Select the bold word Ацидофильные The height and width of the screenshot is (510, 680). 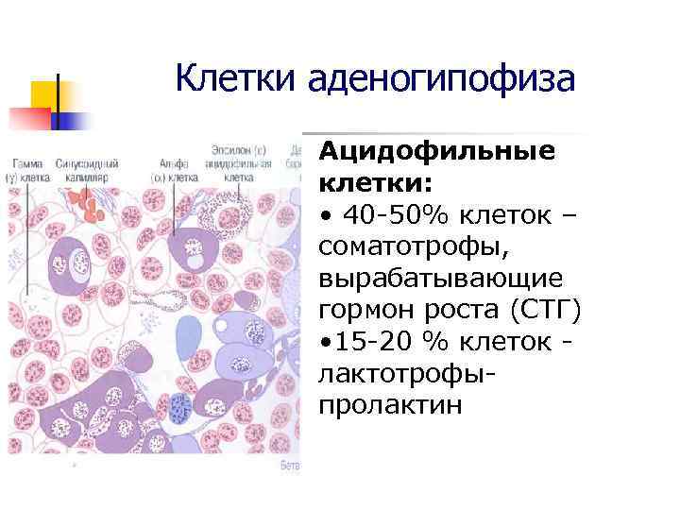click(436, 152)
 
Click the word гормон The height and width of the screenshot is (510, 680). click(367, 311)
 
